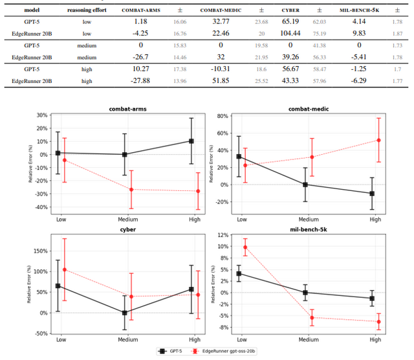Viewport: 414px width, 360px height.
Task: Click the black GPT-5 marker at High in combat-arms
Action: (191, 141)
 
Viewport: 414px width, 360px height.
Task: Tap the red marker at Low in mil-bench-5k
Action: (245, 247)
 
